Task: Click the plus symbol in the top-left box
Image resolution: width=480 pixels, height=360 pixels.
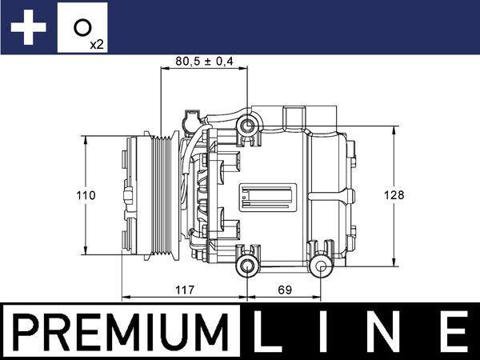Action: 28,28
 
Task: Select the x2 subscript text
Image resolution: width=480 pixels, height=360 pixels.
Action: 97,45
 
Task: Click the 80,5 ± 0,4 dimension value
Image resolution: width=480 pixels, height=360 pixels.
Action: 210,61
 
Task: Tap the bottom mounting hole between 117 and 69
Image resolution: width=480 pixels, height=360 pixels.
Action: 248,266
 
